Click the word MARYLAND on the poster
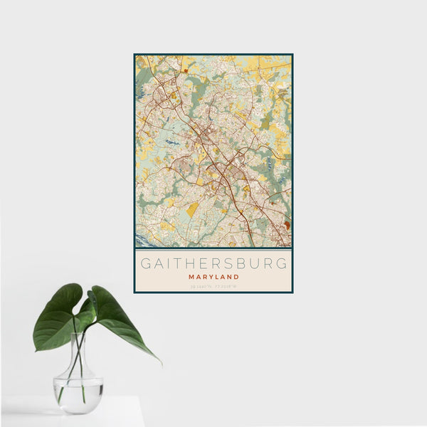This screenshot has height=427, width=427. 213,276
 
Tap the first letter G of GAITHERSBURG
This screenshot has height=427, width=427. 145,263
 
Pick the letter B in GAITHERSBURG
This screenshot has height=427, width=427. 245,263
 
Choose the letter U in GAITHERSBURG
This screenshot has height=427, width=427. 257,263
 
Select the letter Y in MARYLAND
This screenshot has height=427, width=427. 209,276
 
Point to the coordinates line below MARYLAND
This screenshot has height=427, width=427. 213,286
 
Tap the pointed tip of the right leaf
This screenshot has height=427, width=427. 159,362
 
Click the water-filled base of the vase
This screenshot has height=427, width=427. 78,395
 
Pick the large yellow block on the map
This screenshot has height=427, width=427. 193,209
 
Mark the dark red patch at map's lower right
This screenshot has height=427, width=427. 287,226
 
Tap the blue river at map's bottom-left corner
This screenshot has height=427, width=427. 140,240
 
